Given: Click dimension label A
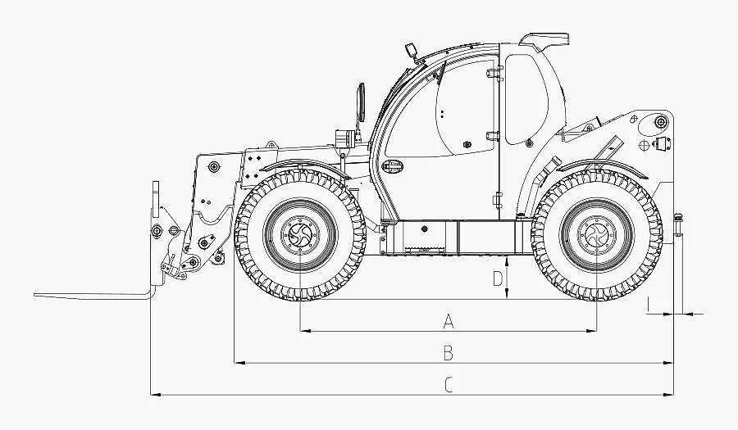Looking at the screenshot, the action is tap(449, 321).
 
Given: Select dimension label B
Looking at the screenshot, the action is tap(449, 352).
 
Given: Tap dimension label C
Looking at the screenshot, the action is tap(449, 385).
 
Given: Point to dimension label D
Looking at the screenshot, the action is tap(498, 278).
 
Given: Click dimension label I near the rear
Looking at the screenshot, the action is tap(649, 304).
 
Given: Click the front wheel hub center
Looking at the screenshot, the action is tap(300, 233).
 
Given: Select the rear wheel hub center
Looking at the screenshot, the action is tap(596, 233).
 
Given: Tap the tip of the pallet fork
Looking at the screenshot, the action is tap(34, 295).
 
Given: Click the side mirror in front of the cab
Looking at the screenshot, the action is tap(362, 102).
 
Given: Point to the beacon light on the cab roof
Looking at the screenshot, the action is tap(412, 50).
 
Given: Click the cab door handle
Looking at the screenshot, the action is tap(393, 165).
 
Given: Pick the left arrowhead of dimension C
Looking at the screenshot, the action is tap(156, 395).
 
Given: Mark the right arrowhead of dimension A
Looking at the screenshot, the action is tap(591, 331).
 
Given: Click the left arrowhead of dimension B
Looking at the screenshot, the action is tap(239, 363).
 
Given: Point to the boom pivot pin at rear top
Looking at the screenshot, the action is tap(661, 122).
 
